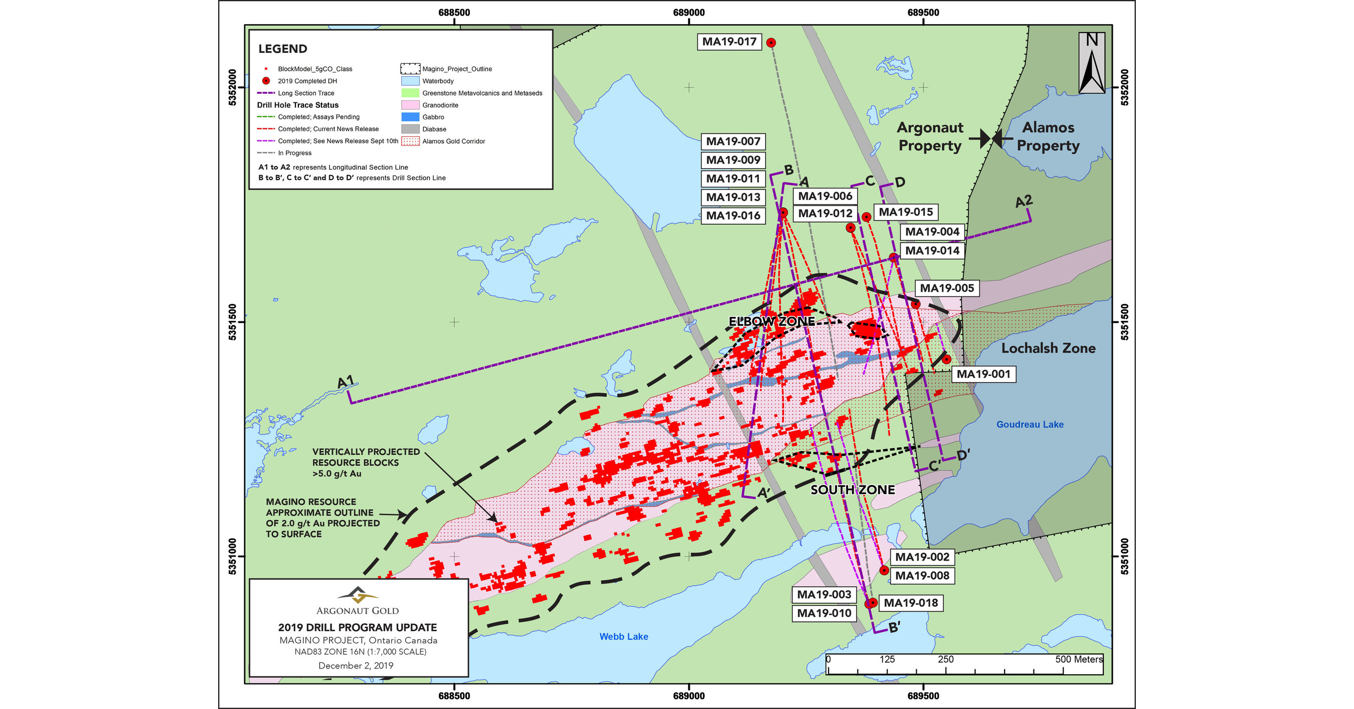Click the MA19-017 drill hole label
(729, 42)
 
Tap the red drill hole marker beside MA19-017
(771, 43)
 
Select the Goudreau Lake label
(1030, 424)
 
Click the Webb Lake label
(623, 636)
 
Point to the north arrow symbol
(1092, 63)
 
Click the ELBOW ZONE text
(771, 321)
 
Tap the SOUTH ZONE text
(852, 490)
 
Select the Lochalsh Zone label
(1048, 348)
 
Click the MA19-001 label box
(983, 374)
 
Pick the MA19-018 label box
(910, 603)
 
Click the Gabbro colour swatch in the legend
(410, 117)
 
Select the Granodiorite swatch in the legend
(410, 105)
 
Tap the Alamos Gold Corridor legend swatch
(410, 141)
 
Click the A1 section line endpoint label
(346, 382)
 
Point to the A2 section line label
(1024, 201)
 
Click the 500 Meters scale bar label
(1079, 659)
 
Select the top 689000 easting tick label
(689, 13)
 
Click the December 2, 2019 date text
(356, 665)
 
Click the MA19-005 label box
(947, 288)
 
